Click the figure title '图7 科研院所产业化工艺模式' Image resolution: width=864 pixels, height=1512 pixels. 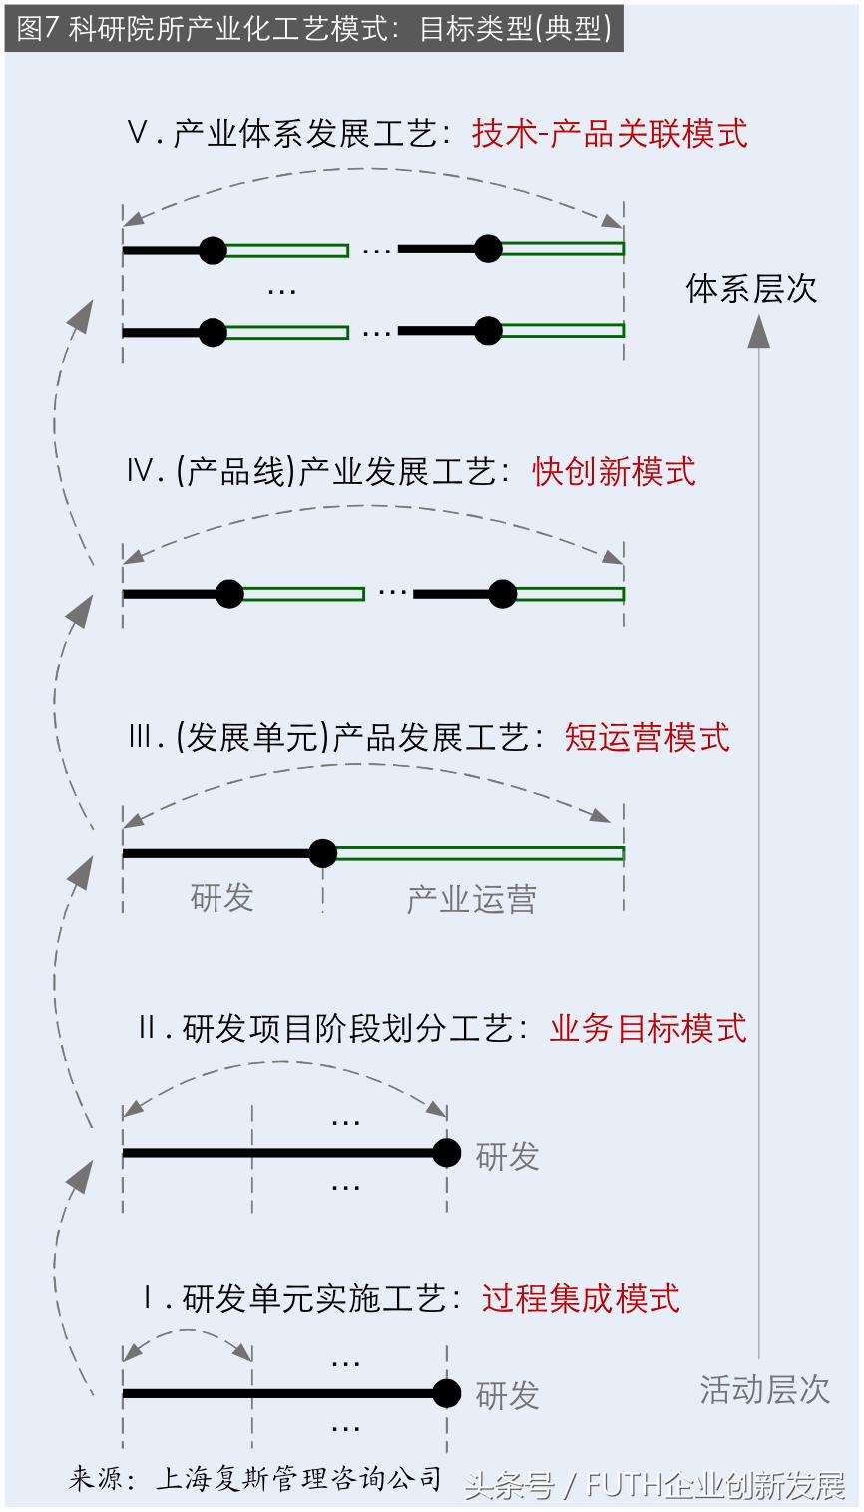pos(313,28)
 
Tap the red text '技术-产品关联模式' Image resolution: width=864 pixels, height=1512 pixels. pos(610,134)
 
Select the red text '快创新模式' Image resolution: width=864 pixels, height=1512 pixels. pos(614,471)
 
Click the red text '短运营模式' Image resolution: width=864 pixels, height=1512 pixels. pos(647,737)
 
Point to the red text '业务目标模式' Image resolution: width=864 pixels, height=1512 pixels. pos(648,1028)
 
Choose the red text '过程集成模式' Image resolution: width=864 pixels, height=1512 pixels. pos(581,1298)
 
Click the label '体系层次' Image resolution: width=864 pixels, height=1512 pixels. pos(751,289)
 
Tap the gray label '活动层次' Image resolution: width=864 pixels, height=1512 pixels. pos(764,1389)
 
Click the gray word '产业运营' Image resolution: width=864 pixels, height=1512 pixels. pos(471,899)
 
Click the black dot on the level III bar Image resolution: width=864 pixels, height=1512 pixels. pos(322,853)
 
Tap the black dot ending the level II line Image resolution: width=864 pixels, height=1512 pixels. pos(447,1153)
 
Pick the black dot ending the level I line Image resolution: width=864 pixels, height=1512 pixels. pos(447,1393)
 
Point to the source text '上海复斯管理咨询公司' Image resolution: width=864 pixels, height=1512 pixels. pos(297,1478)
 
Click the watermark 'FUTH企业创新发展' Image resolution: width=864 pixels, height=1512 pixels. pos(715,1486)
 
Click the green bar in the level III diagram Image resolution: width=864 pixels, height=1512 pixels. pos(479,853)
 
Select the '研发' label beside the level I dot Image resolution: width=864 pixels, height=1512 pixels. pos(507,1395)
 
